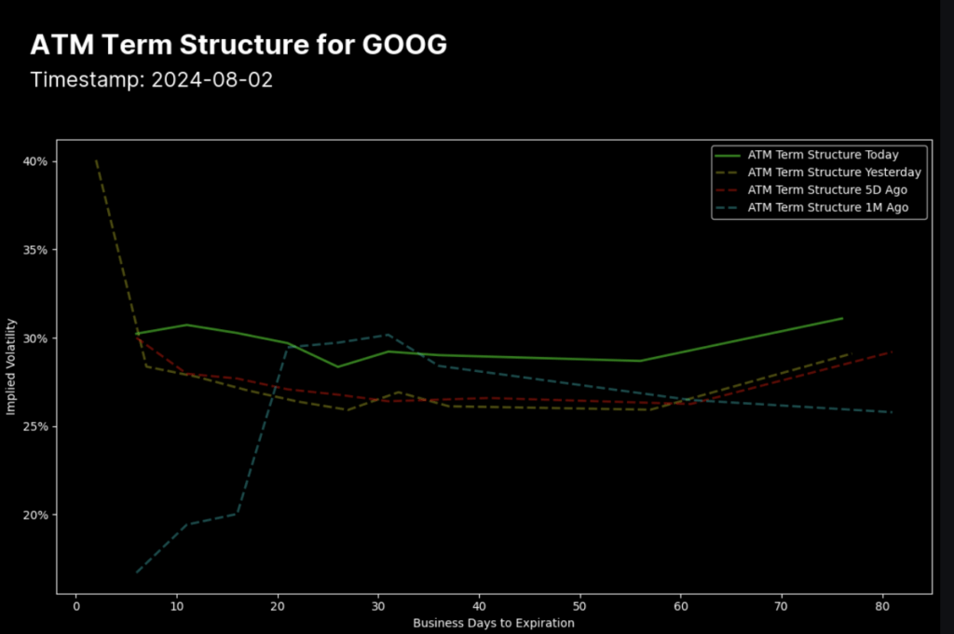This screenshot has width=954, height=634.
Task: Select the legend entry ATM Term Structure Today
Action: tap(824, 155)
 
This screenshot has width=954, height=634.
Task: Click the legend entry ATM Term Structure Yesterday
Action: tap(834, 172)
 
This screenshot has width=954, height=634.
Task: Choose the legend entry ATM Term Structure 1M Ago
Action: tap(827, 208)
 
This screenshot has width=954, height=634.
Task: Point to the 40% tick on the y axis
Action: tap(36, 161)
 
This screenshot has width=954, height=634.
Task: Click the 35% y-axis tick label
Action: tap(36, 250)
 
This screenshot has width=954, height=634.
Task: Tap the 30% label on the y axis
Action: tap(36, 338)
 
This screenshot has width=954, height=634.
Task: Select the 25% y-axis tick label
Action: tap(36, 427)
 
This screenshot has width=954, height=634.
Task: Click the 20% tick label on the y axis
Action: tap(36, 516)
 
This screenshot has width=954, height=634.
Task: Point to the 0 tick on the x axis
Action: tap(76, 606)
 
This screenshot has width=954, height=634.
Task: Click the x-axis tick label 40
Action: tap(479, 606)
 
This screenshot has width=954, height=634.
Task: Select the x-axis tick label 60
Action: tap(681, 606)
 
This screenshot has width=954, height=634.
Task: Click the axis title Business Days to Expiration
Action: tap(494, 623)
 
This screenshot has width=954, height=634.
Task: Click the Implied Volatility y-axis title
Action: tap(12, 365)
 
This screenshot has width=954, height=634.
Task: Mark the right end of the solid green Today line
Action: tap(842, 318)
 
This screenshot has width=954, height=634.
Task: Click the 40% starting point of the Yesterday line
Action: tap(96, 160)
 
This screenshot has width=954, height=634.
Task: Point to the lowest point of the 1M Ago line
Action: tap(137, 572)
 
